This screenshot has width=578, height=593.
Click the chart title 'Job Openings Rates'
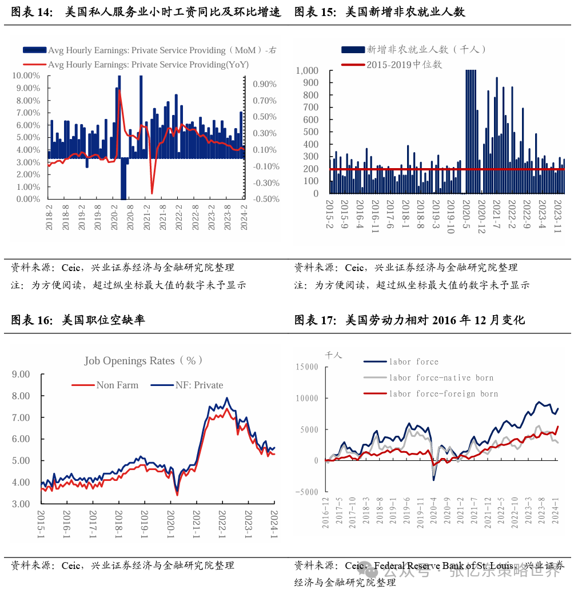pyautogui.click(x=143, y=361)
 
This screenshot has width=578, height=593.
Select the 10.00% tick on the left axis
pyautogui.click(x=26, y=75)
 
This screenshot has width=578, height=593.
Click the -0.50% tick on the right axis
pyautogui.click(x=265, y=199)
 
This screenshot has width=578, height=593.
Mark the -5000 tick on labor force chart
pyautogui.click(x=307, y=492)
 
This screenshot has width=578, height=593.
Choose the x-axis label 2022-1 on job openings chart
pyautogui.click(x=222, y=523)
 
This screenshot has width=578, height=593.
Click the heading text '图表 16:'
pyautogui.click(x=31, y=320)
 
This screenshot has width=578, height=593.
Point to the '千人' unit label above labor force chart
pyautogui.click(x=333, y=355)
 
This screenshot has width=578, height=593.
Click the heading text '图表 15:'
pyautogui.click(x=315, y=11)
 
